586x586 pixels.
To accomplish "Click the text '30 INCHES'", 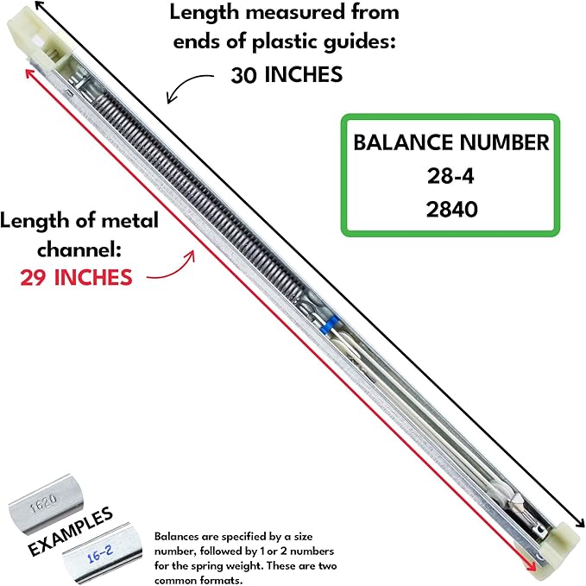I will (x=287, y=75).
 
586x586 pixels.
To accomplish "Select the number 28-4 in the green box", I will (x=451, y=176).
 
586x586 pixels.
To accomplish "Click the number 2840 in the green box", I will (x=451, y=208).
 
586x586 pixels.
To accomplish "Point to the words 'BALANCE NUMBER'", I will (x=451, y=143).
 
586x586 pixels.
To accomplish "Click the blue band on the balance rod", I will (x=326, y=326).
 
